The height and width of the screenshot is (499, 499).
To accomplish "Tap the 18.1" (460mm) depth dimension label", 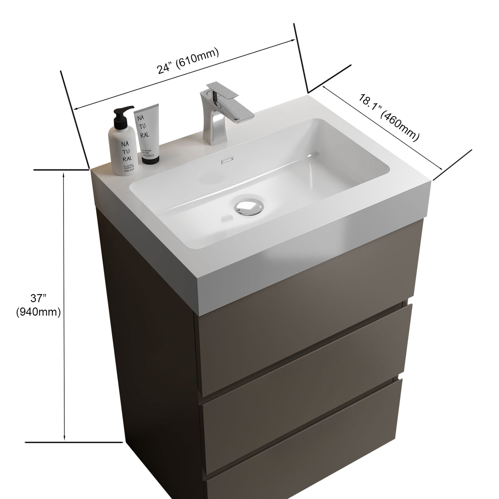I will [x=388, y=117].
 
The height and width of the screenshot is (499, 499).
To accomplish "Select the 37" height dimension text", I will [x=38, y=298].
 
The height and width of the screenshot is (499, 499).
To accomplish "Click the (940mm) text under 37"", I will [x=38, y=312].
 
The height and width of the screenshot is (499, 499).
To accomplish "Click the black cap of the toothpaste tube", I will [x=150, y=160].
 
